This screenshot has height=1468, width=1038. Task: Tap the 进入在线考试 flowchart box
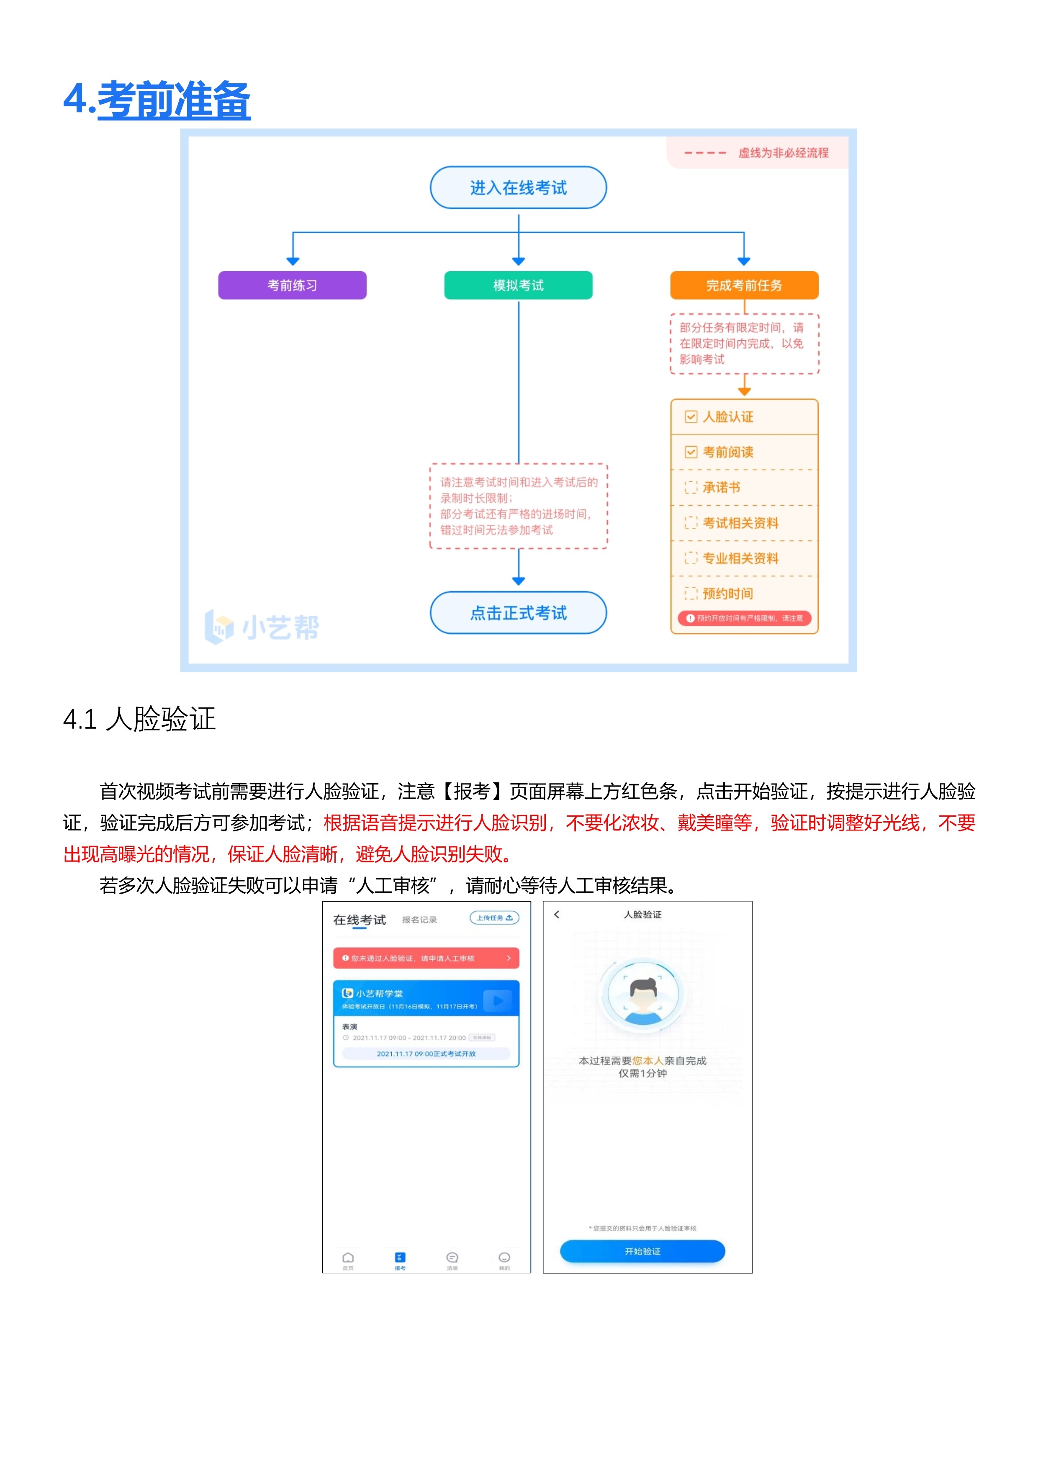518,188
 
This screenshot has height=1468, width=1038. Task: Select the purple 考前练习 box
292,285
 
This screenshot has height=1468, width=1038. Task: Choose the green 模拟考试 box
518,285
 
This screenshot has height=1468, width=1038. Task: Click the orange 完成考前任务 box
744,285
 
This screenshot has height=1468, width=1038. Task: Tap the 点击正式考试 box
518,612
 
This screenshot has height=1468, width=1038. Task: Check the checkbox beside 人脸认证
691,417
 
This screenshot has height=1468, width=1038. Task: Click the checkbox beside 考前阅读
691,452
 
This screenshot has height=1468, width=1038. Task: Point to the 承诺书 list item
721,487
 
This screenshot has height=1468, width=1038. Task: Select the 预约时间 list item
727,593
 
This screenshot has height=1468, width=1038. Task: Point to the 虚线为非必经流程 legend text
783,153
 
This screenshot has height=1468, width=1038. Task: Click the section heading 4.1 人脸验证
139,719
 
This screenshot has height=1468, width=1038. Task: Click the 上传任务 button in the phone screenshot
494,918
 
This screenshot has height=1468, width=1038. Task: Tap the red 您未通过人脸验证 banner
426,958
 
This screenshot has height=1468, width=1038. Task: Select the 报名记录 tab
419,919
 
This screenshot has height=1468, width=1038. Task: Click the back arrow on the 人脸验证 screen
557,914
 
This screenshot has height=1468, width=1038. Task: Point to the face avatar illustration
643,995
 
